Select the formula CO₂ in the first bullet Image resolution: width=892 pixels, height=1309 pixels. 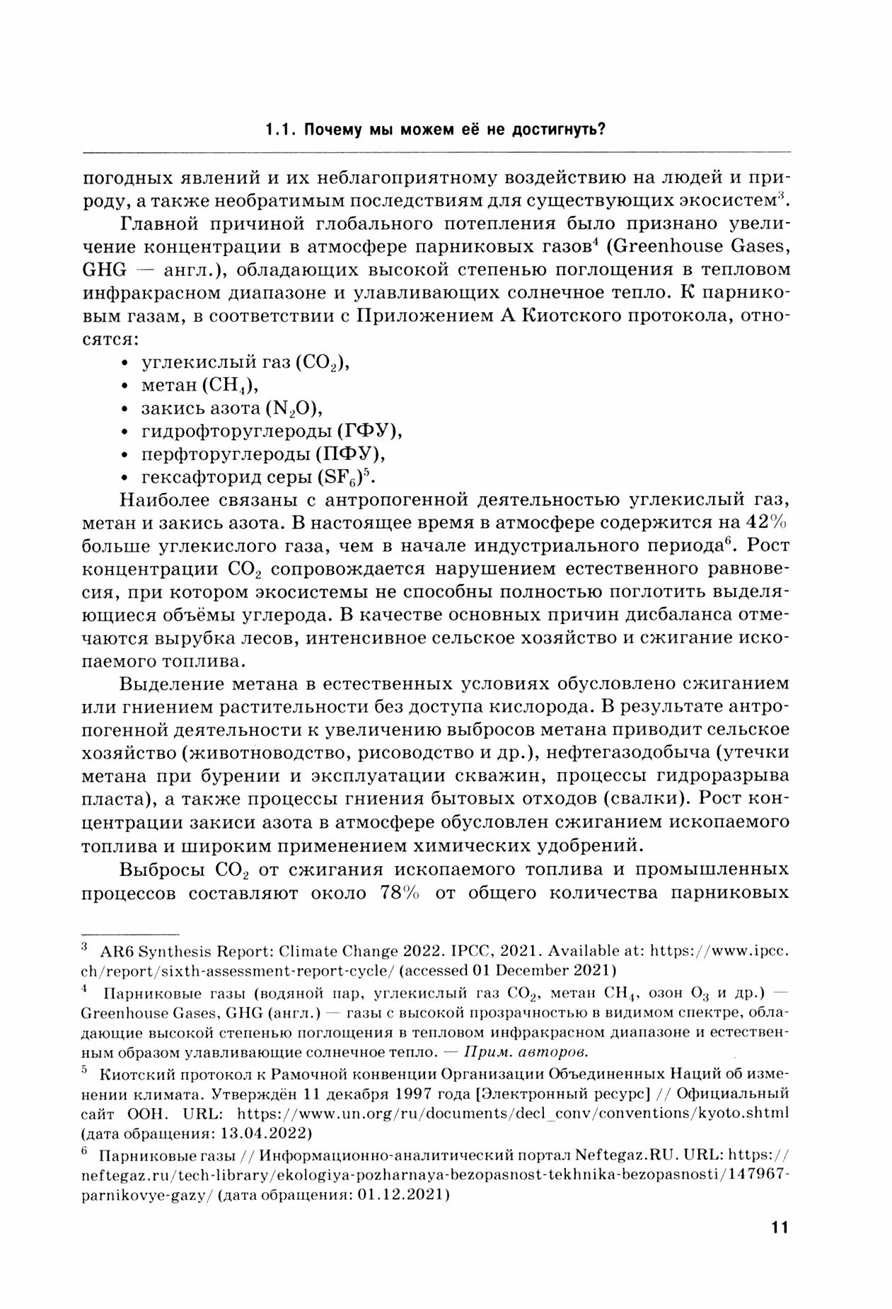click(323, 363)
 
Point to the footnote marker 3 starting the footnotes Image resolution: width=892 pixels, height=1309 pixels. click(85, 945)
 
